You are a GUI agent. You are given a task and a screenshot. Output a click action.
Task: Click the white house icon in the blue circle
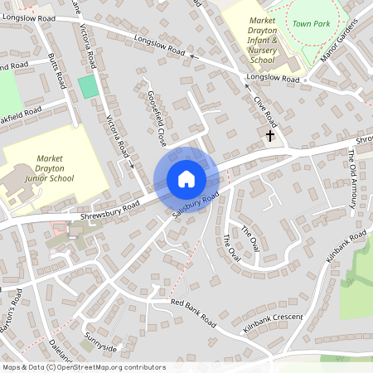point(186,179)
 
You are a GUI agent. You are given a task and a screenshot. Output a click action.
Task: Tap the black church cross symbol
point(269,134)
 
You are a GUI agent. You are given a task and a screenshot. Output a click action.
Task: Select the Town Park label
point(311,24)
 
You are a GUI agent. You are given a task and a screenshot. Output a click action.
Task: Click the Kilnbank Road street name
point(346,249)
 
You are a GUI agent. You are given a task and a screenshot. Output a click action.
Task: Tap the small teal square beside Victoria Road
point(87,86)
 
